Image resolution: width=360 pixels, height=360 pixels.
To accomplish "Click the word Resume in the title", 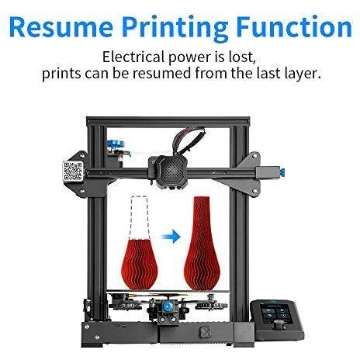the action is tap(61, 26).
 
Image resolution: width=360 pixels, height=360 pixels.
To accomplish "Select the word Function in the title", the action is tap(294, 26).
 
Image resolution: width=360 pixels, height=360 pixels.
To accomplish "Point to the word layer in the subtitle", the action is tap(301, 74).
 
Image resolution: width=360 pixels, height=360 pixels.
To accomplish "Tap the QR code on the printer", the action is tap(73, 171).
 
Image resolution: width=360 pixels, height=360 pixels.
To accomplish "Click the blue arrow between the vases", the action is tap(171, 236).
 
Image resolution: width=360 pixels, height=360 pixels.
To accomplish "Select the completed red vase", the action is tap(202, 243).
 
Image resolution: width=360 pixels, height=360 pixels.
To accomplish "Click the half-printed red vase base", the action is tap(139, 265).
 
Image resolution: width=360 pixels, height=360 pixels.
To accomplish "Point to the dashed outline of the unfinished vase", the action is tap(140, 218).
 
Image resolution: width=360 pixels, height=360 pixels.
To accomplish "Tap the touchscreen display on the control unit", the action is tap(276, 310).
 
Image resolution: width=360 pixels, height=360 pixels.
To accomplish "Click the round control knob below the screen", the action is tap(280, 324).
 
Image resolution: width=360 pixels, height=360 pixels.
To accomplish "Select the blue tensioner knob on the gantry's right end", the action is tap(282, 171).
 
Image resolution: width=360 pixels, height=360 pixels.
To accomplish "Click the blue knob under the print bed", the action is tap(167, 306).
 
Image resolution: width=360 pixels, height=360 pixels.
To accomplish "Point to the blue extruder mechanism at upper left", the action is tap(116, 144).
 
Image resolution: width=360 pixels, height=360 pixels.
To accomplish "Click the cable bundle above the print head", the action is tap(189, 141).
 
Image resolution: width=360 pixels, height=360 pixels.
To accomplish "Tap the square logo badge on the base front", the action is tap(204, 332).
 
